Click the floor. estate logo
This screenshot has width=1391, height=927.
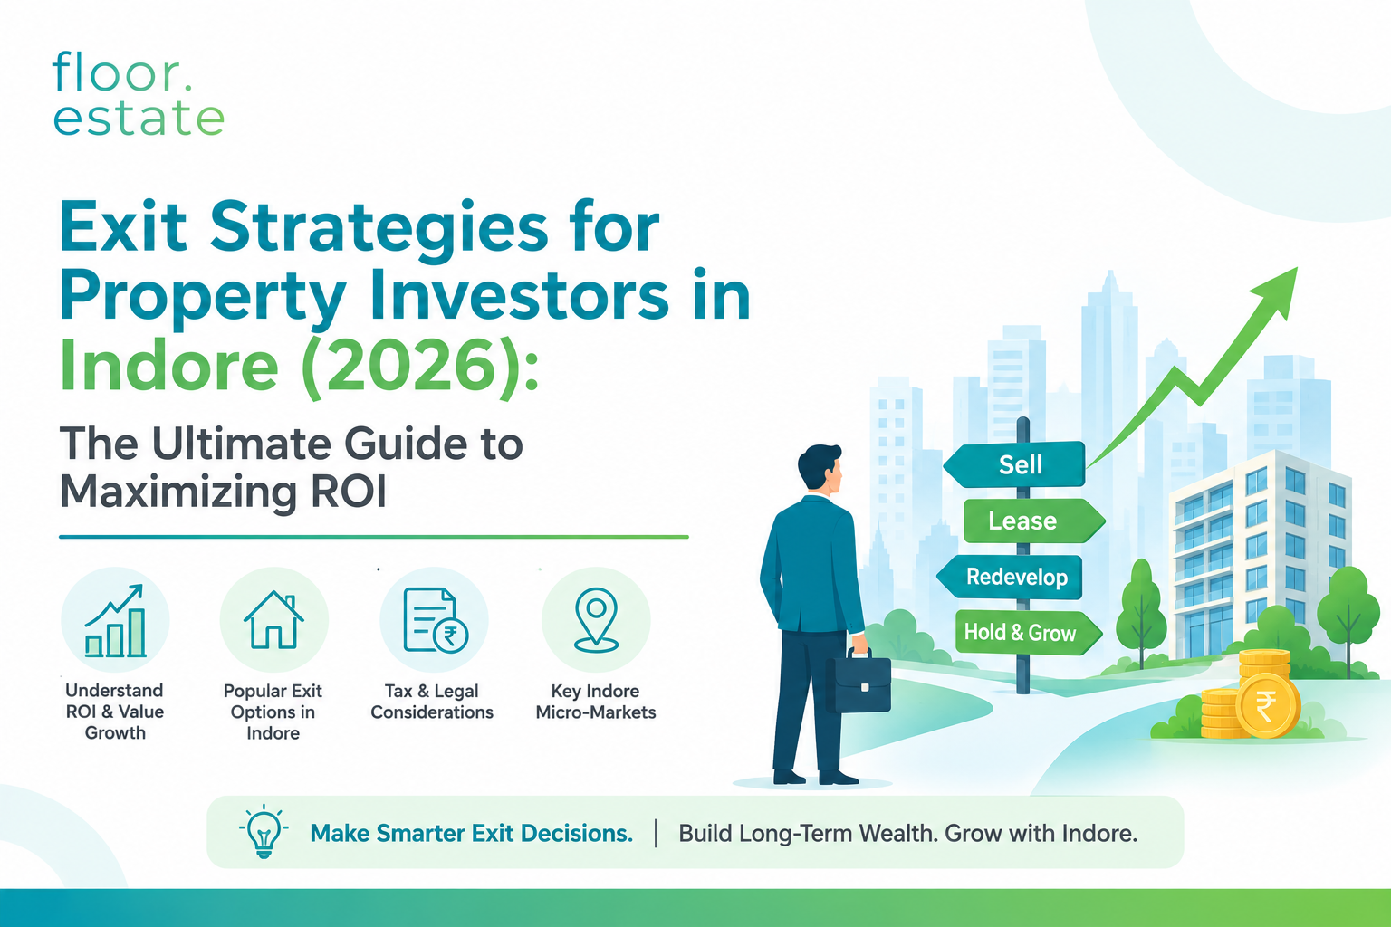139,94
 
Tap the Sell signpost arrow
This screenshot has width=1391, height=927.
1014,463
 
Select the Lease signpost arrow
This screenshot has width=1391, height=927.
1034,521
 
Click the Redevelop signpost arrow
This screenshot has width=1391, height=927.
1010,577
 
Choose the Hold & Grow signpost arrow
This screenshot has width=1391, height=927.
1029,633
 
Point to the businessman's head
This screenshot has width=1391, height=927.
820,467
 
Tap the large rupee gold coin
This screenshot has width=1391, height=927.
1267,706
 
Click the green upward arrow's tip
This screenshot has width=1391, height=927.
1297,268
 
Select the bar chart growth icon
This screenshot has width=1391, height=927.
116,620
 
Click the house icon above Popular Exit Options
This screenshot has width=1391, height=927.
273,619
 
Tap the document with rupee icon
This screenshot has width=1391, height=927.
436,620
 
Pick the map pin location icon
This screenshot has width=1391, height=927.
596,619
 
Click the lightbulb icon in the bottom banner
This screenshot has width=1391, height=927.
264,831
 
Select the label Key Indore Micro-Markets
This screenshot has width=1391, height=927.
596,702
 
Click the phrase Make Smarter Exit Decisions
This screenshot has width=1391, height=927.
471,833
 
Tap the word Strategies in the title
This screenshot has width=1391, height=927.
379,227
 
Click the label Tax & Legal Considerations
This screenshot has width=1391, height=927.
432,702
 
